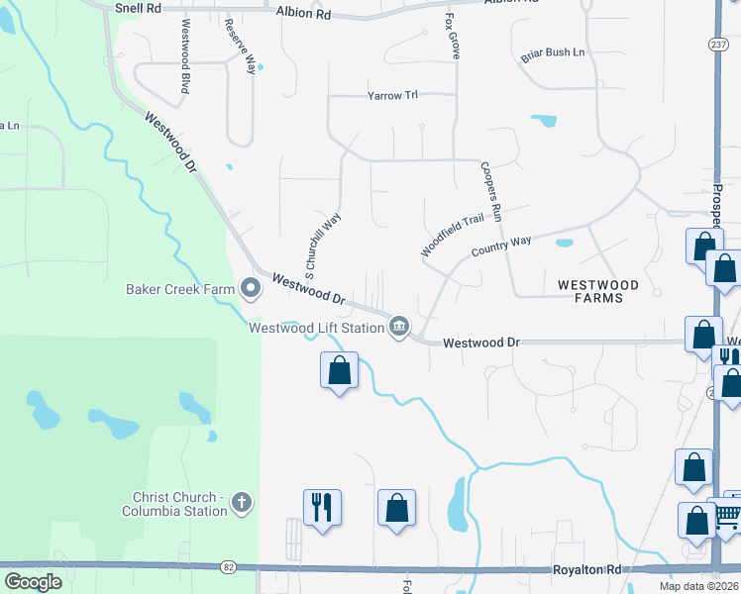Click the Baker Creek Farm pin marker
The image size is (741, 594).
251,289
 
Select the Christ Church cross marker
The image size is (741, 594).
241,504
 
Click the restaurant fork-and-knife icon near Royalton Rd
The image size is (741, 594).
322,508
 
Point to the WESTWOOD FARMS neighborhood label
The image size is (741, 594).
603,291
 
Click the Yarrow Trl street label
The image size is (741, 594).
393,96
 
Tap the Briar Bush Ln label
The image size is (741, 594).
553,53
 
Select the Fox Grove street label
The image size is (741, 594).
452,37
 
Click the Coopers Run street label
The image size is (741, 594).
492,190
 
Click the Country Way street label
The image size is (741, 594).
501,246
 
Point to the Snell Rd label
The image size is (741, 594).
138,7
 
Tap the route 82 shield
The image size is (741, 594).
229,567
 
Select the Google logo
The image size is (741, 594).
33,582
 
